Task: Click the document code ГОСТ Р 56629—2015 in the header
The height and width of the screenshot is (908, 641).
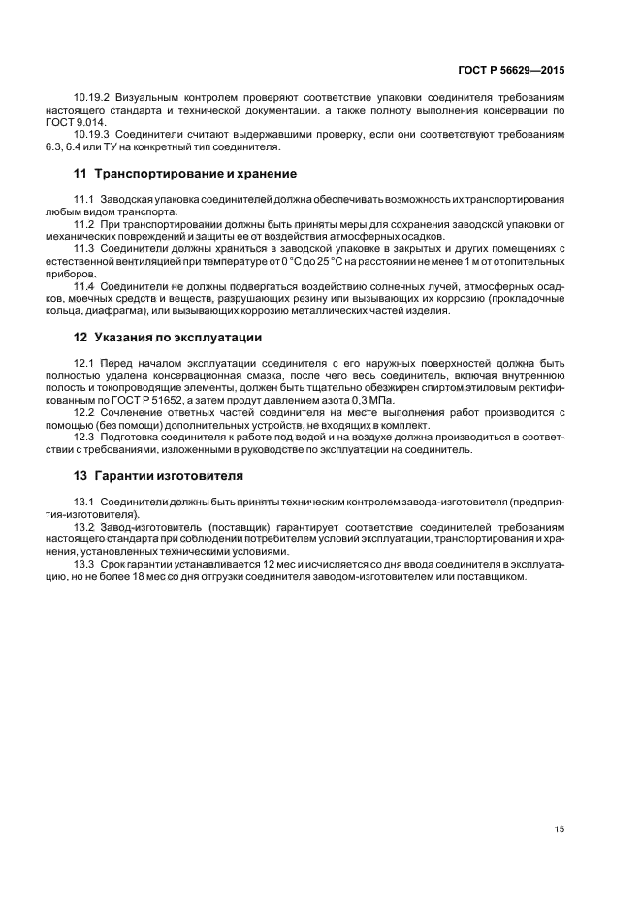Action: coord(510,71)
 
